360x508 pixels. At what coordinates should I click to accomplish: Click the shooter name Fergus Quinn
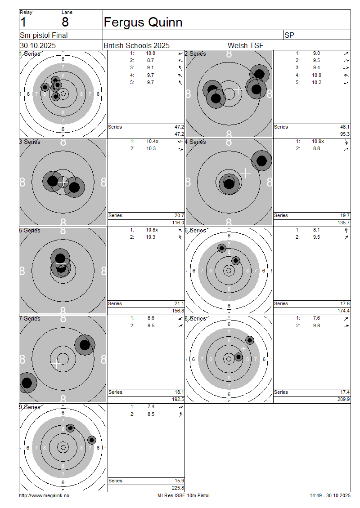coord(143,22)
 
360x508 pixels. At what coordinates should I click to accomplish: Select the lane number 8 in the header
coord(65,22)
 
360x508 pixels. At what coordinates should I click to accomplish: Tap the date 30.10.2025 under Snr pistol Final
coord(38,45)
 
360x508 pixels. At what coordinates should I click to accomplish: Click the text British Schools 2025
coord(136,45)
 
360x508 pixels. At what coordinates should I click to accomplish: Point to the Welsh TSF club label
coord(246,45)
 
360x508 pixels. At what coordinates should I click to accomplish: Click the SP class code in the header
coord(289,36)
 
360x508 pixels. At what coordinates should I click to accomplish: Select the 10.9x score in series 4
coord(318,141)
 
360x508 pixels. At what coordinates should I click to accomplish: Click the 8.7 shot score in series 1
coord(150,60)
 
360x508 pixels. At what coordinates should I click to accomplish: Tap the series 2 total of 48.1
coord(345,127)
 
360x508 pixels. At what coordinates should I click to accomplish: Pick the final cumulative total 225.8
coord(178,488)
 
